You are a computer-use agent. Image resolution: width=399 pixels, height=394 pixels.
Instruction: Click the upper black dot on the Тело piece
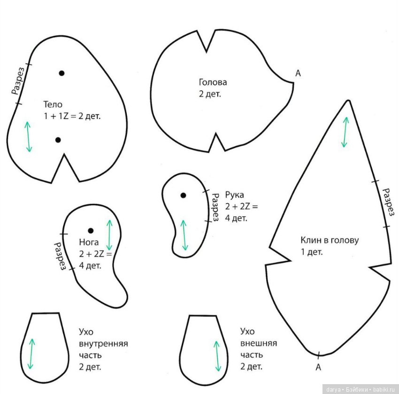coord(61,73)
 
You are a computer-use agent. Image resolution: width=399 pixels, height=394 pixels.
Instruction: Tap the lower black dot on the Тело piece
coord(58,140)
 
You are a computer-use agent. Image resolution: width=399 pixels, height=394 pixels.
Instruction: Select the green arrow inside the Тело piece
coord(29,137)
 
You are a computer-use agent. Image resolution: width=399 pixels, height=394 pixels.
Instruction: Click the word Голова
coord(213,82)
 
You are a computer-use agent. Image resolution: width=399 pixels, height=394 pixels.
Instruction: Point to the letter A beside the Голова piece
coord(298,73)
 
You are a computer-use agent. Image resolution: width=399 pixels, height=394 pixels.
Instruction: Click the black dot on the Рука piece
coord(183,196)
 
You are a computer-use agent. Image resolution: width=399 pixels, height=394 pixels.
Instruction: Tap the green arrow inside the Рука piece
coord(184,235)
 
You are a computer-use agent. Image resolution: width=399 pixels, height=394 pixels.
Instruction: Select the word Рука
coord(235,195)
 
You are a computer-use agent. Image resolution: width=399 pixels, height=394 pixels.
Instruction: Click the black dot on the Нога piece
coord(91,231)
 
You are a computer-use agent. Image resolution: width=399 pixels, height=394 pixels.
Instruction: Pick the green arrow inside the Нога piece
coord(109,235)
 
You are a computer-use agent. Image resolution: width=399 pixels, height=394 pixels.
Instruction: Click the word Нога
coord(89,242)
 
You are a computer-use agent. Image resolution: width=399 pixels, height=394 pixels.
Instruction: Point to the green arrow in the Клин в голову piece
coord(345,132)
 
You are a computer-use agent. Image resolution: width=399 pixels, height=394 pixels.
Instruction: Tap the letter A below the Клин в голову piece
coord(318,367)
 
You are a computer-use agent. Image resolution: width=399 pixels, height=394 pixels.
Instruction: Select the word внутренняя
coord(103,344)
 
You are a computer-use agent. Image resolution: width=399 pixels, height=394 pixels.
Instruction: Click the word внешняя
coord(259,343)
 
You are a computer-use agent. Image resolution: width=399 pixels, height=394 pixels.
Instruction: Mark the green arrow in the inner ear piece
coord(31,354)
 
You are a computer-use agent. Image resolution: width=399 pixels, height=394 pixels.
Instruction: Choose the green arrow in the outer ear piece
coord(217,356)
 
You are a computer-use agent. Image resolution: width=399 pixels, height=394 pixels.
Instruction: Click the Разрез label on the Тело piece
coord(19,81)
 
